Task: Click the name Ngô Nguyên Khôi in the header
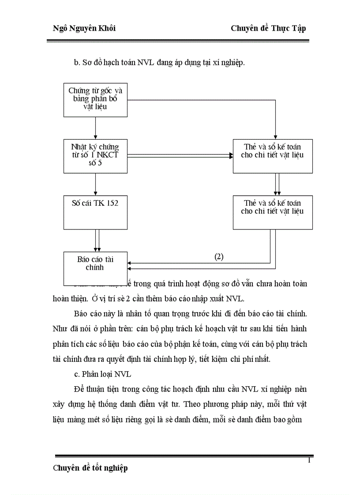click(84, 28)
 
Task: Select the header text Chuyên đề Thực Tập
click(268, 28)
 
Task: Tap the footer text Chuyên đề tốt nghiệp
click(90, 468)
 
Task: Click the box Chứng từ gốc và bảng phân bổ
click(96, 100)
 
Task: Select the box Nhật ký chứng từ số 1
click(96, 156)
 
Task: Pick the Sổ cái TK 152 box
click(96, 212)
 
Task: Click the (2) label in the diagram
click(219, 257)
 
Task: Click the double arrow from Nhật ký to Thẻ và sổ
click(180, 156)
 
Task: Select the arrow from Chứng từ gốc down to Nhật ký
click(96, 128)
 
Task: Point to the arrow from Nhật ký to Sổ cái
click(96, 184)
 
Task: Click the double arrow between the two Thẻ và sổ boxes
click(277, 184)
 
